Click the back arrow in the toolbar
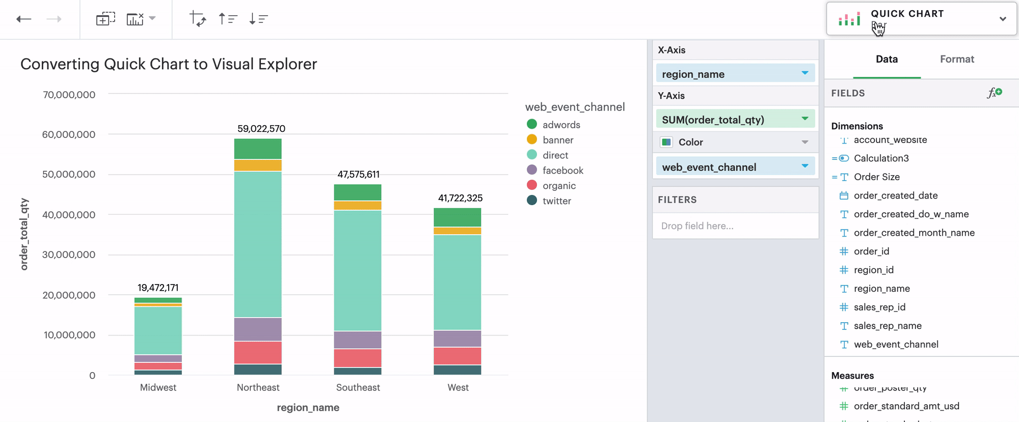pyautogui.click(x=24, y=19)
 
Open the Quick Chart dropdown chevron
pyautogui.click(x=1002, y=19)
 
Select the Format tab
pyautogui.click(x=956, y=59)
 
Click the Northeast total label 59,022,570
pyautogui.click(x=261, y=129)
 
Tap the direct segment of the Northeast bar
pyautogui.click(x=258, y=244)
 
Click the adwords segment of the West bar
pyautogui.click(x=457, y=217)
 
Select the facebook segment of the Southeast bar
pyautogui.click(x=358, y=340)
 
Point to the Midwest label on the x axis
pyautogui.click(x=158, y=387)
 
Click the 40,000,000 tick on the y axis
pyautogui.click(x=69, y=215)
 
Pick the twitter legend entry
pyautogui.click(x=556, y=201)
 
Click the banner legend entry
pyautogui.click(x=557, y=140)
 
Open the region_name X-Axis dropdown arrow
pyautogui.click(x=805, y=73)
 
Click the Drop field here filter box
pyautogui.click(x=735, y=226)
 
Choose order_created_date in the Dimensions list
pyautogui.click(x=895, y=195)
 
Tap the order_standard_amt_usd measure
pyautogui.click(x=906, y=406)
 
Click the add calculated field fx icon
pyautogui.click(x=994, y=93)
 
